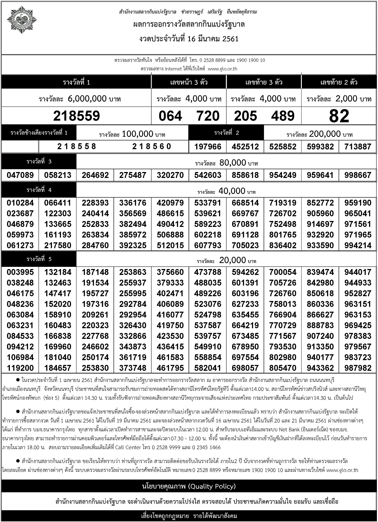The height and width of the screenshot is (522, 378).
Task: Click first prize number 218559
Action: coord(76,116)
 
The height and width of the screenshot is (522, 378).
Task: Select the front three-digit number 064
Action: coord(170,116)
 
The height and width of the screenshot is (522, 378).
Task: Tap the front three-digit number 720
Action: coord(208,116)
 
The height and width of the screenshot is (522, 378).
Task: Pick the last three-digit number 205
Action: coord(245,116)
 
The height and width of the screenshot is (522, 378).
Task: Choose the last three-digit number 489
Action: coord(283,116)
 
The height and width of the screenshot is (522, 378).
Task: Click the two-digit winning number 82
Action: coord(339,116)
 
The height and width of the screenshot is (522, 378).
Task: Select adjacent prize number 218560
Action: coord(152,147)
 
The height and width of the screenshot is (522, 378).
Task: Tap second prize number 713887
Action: coord(358,147)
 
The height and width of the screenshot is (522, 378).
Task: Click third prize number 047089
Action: coord(20,175)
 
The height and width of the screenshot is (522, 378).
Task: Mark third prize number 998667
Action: coord(358,175)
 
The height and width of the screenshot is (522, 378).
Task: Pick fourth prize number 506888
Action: coord(170,235)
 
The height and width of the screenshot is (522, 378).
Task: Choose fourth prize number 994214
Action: coord(358,245)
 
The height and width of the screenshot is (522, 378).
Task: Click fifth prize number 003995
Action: coord(20,272)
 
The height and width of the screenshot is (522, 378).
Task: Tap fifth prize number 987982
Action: coord(358,368)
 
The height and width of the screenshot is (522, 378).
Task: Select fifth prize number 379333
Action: coord(170,283)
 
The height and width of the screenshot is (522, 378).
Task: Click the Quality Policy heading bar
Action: coord(189,486)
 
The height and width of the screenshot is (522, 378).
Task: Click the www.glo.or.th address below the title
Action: coord(222,69)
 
